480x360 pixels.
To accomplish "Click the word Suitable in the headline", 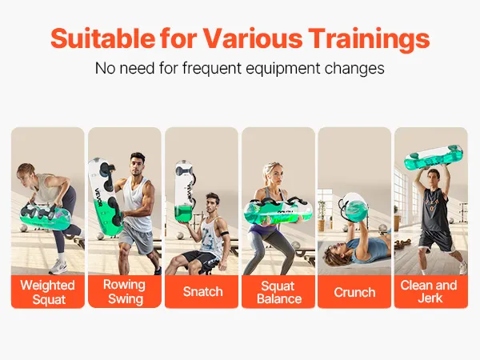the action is click(103, 38).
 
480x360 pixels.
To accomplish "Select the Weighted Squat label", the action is click(48, 292).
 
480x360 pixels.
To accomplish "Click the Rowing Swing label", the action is click(125, 291).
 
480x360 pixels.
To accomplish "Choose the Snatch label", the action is click(202, 291).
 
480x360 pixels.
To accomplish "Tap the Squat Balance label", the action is click(279, 292).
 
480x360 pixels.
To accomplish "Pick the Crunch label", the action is click(354, 292).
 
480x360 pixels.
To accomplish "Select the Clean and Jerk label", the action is click(429, 291).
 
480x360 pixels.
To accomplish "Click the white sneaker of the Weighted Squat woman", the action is click(58, 267).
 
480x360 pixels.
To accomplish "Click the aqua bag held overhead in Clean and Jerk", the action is click(434, 158).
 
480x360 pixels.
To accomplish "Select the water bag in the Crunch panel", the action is click(354, 207).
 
